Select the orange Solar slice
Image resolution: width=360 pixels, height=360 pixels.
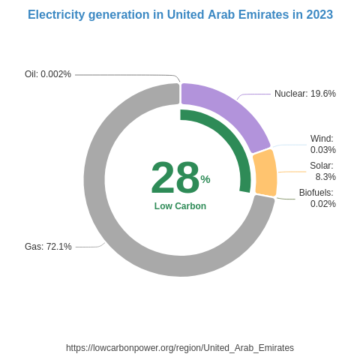pos(265,173)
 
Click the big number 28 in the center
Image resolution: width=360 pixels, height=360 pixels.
pos(175,178)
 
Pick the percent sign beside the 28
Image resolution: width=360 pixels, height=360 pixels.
pos(205,179)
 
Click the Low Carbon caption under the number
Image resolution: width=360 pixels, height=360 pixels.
pos(180,206)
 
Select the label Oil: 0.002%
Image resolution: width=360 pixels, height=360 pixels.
pos(48,74)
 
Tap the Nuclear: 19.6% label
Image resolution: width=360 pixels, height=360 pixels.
pos(304,94)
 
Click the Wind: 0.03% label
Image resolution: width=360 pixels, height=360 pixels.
pos(322,144)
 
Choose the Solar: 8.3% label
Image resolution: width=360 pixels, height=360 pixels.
pos(322,171)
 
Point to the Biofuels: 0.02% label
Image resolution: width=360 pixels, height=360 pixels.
pos(316,198)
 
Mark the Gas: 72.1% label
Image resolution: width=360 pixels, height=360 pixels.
pos(48,247)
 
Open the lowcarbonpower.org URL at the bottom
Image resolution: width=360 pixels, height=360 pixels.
pos(180,348)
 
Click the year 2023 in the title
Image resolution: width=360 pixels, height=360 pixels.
pos(319,15)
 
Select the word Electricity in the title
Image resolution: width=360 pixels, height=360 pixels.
pos(57,15)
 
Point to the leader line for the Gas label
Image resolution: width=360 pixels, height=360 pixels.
pos(88,247)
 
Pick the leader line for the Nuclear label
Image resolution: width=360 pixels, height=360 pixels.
pos(255,94)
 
